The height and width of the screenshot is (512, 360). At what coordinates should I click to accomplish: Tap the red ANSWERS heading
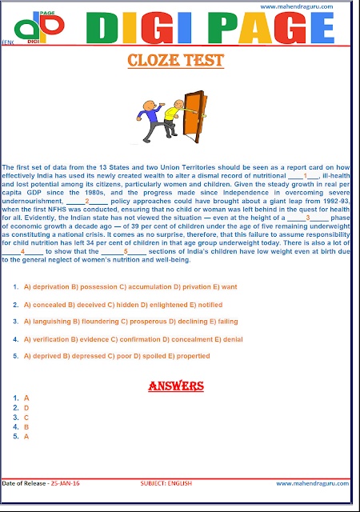pos(177,386)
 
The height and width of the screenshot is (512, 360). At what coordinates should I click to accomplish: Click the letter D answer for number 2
pos(26,408)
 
